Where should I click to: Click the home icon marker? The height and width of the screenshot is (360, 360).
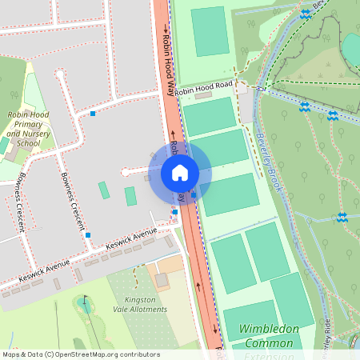tap(179, 172)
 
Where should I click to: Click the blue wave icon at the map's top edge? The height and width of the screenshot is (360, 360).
tap(305, 14)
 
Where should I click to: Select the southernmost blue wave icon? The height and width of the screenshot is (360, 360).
tap(342, 217)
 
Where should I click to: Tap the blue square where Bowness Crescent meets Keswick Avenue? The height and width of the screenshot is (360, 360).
tap(88, 235)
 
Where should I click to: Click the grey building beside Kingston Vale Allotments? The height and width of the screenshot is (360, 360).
tap(162, 280)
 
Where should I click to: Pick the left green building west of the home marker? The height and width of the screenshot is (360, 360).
tap(104, 190)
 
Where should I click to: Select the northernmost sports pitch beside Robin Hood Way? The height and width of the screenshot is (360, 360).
tap(209, 31)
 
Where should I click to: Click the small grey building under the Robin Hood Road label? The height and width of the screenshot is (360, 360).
tap(203, 96)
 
